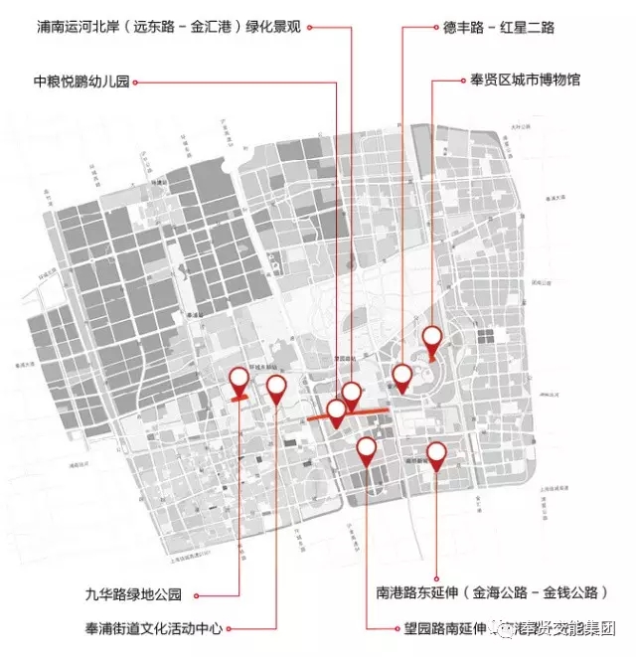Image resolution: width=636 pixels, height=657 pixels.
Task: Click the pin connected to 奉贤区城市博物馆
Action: point(431,338)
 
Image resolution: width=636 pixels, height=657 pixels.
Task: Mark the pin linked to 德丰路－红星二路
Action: point(401,376)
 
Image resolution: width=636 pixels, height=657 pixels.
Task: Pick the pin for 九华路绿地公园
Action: point(238,380)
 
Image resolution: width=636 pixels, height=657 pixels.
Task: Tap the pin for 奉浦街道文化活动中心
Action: point(275,388)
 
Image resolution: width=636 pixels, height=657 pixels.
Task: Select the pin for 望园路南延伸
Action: point(366,450)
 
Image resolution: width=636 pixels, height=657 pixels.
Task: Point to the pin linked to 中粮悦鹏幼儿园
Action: point(337,411)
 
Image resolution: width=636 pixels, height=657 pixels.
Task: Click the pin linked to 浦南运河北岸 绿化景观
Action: point(352,394)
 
